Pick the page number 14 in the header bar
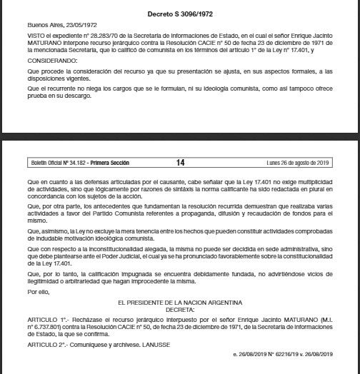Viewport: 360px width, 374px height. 179,163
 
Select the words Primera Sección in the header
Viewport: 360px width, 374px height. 108,163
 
